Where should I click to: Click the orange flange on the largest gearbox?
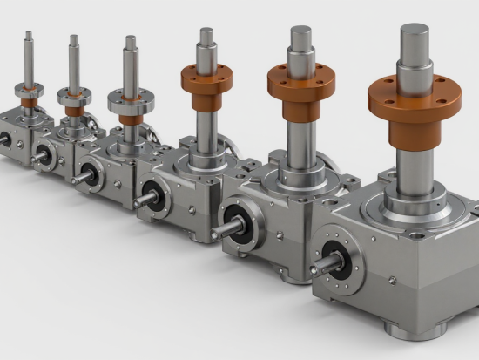(414, 103)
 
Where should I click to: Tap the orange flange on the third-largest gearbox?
(207, 79)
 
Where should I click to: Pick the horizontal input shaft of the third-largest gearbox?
(144, 198)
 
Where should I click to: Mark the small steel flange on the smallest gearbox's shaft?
(29, 88)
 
